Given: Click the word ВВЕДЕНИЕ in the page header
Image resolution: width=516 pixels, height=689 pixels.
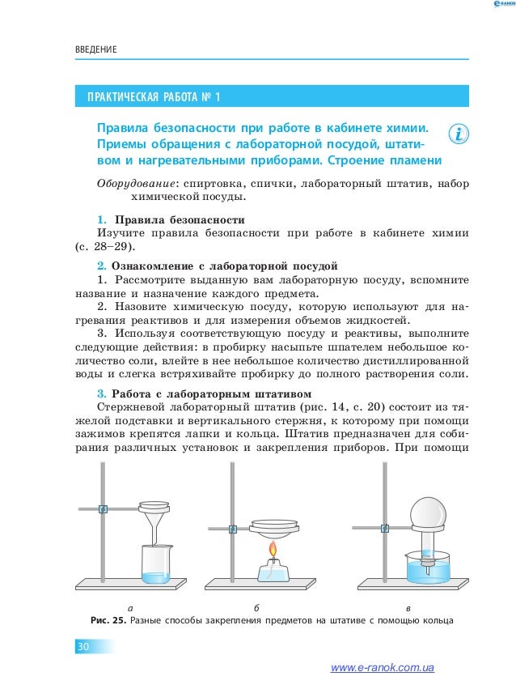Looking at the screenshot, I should pos(95,51).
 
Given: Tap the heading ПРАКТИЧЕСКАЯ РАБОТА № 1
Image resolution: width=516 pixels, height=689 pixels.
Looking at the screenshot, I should pos(149,99).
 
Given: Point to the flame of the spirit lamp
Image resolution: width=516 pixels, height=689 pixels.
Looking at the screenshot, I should pos(273,553).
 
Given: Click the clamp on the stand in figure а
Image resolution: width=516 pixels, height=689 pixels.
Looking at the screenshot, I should pos(102,508).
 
